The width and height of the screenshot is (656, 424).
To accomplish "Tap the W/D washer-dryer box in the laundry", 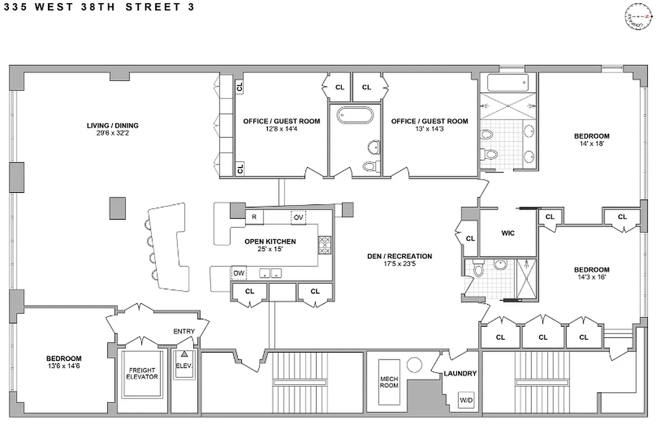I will coord(466,400).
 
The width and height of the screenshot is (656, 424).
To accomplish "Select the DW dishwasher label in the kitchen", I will coord(239,273).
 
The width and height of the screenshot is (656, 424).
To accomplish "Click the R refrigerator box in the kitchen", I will coord(254,217).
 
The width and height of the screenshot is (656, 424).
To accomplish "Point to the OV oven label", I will coord(298,217).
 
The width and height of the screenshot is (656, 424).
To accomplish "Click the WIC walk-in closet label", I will coord(508,233).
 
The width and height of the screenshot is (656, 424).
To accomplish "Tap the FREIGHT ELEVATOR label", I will coord(143,373).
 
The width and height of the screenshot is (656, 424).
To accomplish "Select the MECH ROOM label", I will coord(389,382).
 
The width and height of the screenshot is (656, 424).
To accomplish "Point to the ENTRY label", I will coord(184,331).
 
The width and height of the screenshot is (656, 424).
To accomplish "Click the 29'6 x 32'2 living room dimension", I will coord(113,134).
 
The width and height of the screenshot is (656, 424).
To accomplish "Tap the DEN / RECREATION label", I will coord(400,256).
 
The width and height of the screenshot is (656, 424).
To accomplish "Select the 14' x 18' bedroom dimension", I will coord(591,144).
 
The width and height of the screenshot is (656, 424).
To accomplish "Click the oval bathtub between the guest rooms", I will coord(353,115).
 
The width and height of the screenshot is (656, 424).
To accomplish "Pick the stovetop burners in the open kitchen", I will coord(324,245).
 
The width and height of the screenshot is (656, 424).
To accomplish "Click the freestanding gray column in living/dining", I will coord(118,208).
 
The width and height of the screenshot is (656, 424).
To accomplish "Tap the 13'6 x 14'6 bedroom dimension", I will coord(63,366).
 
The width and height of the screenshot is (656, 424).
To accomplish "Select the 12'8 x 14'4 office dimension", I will coord(281,129).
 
